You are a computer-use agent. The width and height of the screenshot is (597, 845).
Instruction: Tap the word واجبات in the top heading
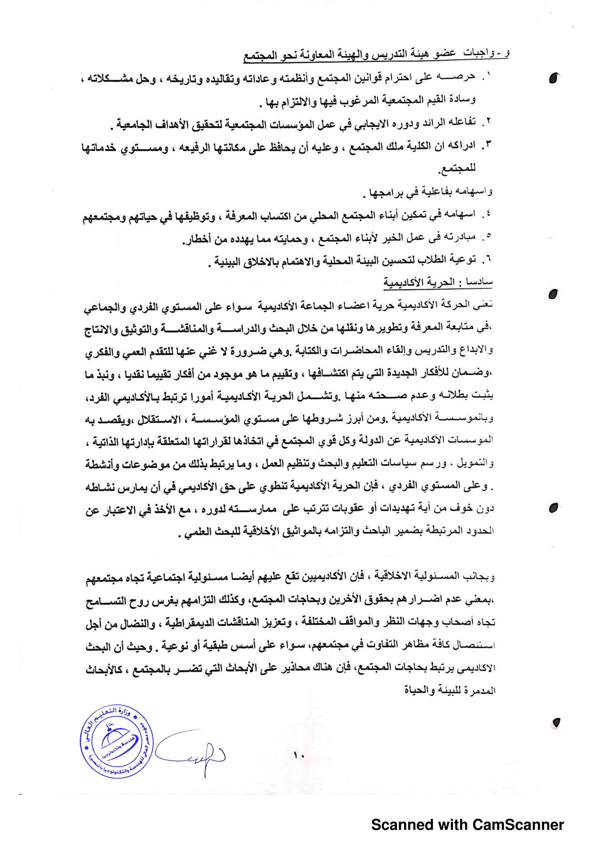(x=478, y=53)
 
